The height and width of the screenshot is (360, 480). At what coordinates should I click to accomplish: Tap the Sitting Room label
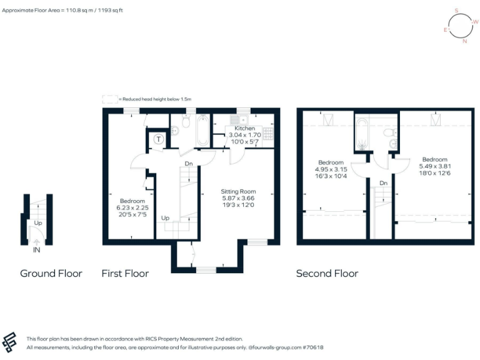pyautogui.click(x=238, y=192)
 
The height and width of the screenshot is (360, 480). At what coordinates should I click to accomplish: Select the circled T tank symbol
pyautogui.click(x=159, y=139)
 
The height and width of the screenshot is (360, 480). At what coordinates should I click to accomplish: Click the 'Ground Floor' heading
pyautogui.click(x=51, y=273)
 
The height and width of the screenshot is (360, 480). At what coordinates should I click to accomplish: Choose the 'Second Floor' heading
pyautogui.click(x=327, y=273)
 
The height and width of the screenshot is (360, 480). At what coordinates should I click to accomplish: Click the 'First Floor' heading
pyautogui.click(x=125, y=273)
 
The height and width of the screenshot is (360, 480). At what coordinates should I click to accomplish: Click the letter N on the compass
pyautogui.click(x=464, y=42)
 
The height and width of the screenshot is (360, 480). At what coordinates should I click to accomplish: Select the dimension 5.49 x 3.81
pyautogui.click(x=434, y=166)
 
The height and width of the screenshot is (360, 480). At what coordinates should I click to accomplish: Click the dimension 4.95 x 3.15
pyautogui.click(x=331, y=168)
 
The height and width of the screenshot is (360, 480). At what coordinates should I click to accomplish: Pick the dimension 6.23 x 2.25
pyautogui.click(x=132, y=209)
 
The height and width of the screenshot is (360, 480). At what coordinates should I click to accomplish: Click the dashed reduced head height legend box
pyautogui.click(x=109, y=99)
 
